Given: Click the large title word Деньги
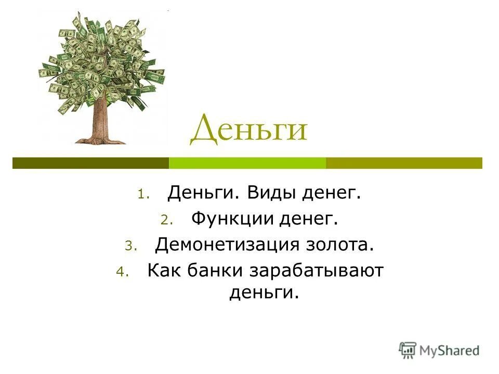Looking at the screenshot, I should point(248,130).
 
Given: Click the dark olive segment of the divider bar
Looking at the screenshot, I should point(90,163).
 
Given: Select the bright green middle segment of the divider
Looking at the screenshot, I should point(247,163).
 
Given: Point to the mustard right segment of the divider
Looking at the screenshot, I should point(404,163).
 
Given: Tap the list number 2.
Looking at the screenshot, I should point(165,221).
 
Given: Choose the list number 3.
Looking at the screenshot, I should point(129,246).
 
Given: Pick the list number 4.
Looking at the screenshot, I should point(122,273).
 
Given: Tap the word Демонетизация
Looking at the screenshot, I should point(227,244).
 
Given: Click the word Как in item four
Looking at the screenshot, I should point(164,270).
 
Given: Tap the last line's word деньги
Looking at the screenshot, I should point(264,293).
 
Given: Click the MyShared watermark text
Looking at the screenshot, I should point(449,351).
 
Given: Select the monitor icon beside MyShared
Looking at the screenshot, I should point(408,350).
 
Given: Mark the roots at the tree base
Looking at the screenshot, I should point(100,139).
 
